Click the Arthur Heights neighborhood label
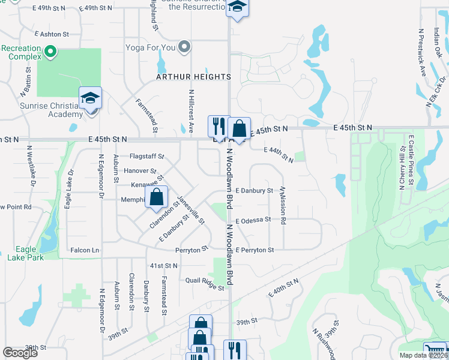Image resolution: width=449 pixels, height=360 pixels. coord(194,77)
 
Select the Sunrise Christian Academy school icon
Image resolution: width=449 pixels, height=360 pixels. coord(90,98)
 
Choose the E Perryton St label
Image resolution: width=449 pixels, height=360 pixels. coord(255,250)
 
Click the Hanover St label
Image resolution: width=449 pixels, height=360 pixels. coord(140,171)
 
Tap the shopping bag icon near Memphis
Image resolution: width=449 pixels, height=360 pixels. coord(156,197)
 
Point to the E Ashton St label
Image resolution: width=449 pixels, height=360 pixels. coord(52,35)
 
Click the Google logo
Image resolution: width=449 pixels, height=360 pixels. coord(20,353)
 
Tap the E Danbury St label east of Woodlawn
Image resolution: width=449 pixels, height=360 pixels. coord(254,190)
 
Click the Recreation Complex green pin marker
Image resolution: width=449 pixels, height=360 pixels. coord(50,52)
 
